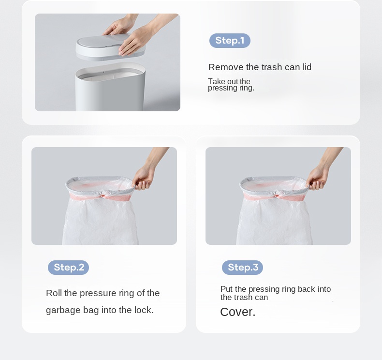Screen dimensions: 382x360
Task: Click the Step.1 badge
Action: (x=230, y=41)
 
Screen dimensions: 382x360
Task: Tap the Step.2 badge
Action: (x=68, y=268)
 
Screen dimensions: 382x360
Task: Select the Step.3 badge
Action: (x=242, y=268)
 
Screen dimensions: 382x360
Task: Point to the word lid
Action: (x=307, y=67)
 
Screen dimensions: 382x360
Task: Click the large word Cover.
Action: (x=237, y=312)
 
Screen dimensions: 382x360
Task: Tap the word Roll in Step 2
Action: (x=54, y=293)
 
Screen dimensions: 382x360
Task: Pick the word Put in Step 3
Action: (x=227, y=289)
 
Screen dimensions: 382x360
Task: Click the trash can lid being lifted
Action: (x=111, y=47)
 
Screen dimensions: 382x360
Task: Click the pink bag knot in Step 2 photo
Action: (x=103, y=195)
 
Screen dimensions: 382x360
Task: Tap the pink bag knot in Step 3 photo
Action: (x=277, y=195)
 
